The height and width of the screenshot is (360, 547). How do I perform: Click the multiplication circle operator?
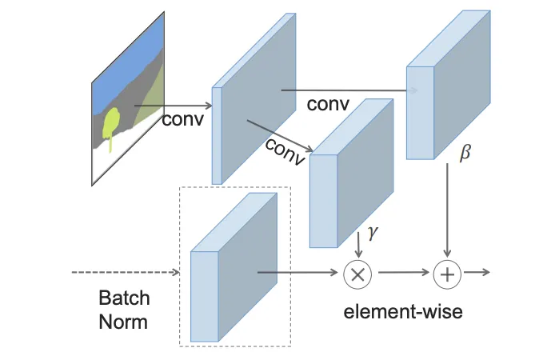[357, 274]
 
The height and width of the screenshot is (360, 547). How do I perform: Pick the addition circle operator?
[447, 274]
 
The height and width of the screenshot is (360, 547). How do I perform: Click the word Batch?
[124, 298]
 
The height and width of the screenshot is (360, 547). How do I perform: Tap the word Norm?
[124, 322]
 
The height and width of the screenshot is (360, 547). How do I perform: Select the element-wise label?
[403, 312]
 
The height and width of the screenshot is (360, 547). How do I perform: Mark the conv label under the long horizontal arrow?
[329, 105]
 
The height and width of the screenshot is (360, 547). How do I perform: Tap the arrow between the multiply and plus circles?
[402, 273]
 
